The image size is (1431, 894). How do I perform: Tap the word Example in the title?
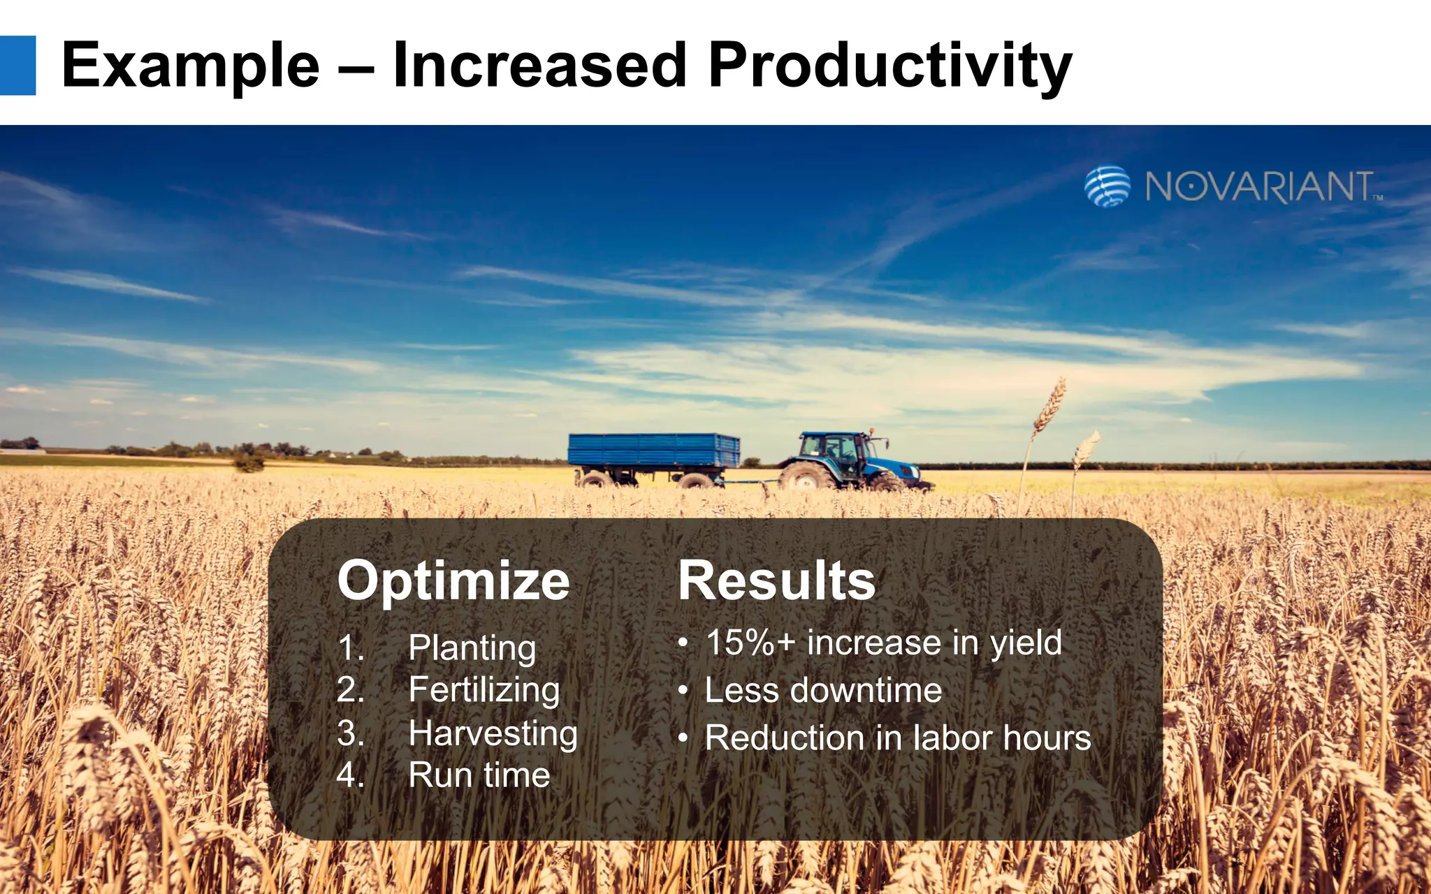coord(190,66)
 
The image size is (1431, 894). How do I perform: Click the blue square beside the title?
coord(17,65)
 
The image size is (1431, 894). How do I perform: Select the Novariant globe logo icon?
coord(1107,186)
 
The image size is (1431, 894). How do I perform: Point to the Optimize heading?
coord(453,581)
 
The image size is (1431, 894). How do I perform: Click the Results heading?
coord(776,581)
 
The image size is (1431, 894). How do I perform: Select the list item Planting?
coord(472,647)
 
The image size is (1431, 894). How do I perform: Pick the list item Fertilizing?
coord(484,690)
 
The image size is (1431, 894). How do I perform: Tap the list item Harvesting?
coord(493,733)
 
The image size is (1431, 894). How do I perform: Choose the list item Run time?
coord(479,775)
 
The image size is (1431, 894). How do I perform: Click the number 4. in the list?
coord(350,775)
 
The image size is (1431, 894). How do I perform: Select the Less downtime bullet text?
coord(822,690)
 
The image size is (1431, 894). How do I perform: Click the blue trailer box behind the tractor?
coord(653,450)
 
